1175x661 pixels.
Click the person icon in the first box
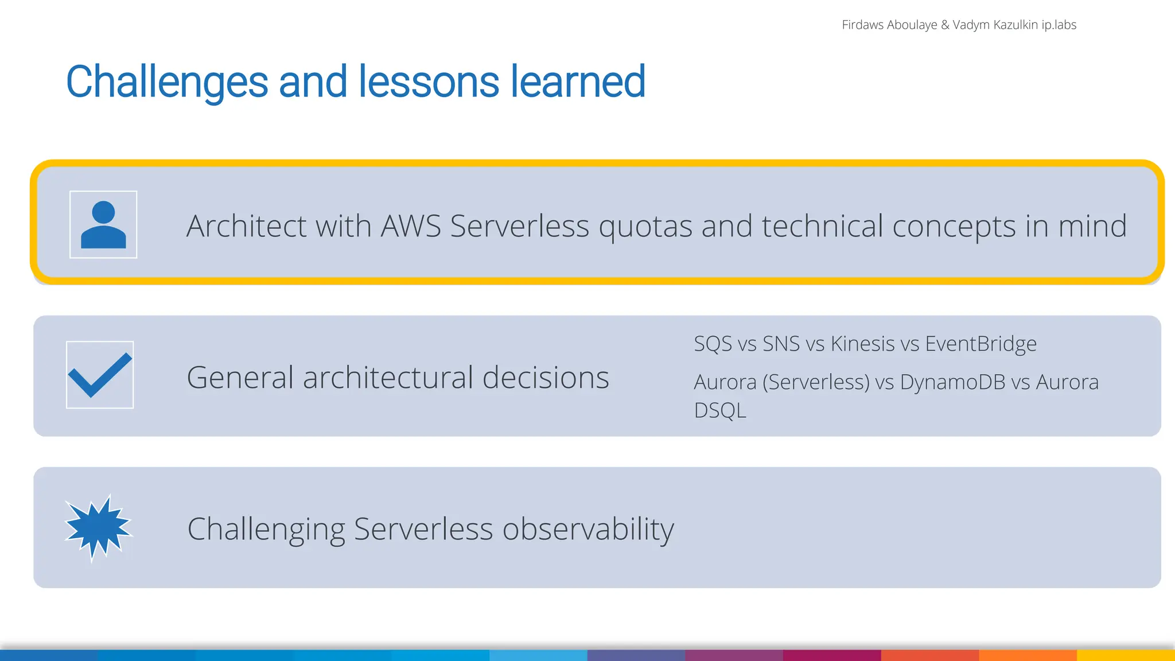pos(103,225)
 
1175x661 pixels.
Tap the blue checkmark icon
pos(100,375)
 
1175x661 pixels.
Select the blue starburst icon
pos(98,527)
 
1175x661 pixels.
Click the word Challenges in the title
pos(167,82)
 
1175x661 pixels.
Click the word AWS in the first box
pos(411,225)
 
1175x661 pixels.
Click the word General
pos(240,378)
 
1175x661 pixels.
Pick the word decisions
pos(546,378)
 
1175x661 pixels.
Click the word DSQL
pos(720,411)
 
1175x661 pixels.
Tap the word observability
pos(588,529)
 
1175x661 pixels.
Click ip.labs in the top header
pos(1059,25)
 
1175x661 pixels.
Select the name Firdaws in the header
pos(862,25)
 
